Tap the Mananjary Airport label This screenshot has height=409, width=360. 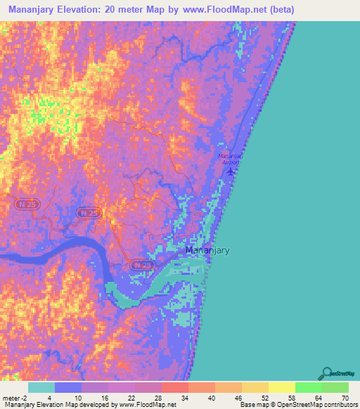pos(230,158)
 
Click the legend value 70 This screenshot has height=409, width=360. pos(345,398)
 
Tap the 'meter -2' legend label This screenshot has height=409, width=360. pos(15,398)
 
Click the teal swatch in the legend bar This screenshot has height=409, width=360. pos(41,387)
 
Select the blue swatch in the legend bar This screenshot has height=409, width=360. pos(68,387)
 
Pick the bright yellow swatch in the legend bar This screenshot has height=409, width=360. pos(281,387)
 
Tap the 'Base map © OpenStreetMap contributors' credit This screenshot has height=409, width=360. pos(297,405)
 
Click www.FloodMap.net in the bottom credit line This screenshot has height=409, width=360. pos(147,405)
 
